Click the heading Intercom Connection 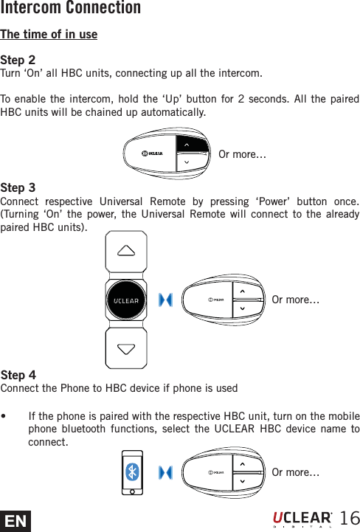(71, 9)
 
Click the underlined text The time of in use (49, 35)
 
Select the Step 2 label (18, 60)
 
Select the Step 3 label (18, 188)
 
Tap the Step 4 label (18, 375)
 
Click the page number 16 (348, 517)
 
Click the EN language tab (15, 522)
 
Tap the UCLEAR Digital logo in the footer (302, 519)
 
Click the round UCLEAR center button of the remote (125, 300)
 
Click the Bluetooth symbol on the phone (132, 472)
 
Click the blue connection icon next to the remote (166, 300)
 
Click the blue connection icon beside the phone (166, 472)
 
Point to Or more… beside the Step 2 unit (243, 155)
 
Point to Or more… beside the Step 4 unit (296, 472)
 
